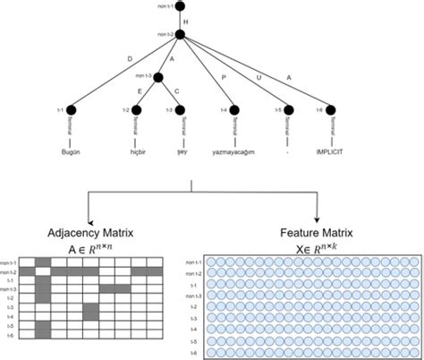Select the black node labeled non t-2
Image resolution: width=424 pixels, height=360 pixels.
tap(180, 35)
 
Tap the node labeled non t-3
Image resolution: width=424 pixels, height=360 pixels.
tap(158, 79)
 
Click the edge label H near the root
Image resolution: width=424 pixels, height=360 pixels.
tap(185, 20)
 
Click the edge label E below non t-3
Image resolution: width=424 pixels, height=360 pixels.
tap(139, 90)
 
